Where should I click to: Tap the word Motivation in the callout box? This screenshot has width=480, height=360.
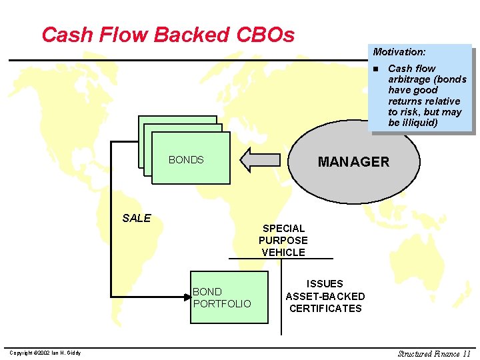click(399, 51)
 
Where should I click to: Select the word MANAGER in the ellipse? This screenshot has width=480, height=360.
click(353, 161)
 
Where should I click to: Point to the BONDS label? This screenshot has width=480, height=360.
click(186, 160)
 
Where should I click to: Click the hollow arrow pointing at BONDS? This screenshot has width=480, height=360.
click(261, 159)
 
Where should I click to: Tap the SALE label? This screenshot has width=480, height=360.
click(137, 218)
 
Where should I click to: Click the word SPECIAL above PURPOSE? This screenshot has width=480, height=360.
click(283, 229)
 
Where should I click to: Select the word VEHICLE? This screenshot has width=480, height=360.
click(283, 253)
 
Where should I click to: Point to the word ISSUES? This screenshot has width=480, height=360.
click(325, 284)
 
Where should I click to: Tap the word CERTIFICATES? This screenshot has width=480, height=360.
click(325, 308)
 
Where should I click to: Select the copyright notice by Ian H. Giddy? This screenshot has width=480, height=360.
click(44, 353)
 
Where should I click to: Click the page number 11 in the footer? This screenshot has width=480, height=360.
click(465, 353)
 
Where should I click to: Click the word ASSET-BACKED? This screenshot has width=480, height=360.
click(325, 296)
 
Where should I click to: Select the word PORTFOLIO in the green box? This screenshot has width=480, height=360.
click(222, 304)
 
